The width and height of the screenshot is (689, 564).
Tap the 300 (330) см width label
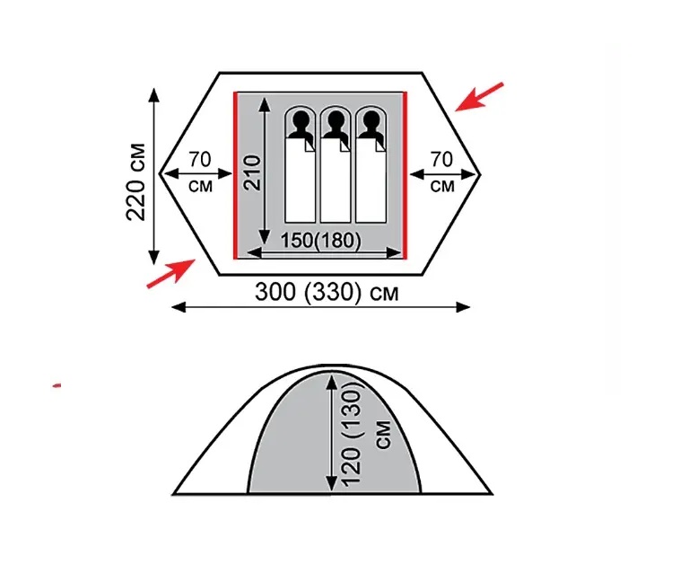326,293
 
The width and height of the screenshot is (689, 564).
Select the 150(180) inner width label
320,240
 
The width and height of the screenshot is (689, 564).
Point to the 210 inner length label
251,172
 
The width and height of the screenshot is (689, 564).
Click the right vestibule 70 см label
441,172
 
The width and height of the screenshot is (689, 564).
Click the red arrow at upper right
479,97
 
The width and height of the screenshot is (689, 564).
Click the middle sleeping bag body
335,184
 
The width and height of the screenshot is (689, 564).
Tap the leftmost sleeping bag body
301,184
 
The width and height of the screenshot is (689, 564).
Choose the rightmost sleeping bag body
369,184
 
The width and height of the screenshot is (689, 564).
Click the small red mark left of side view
57,385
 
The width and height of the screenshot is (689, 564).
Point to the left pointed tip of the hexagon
161,172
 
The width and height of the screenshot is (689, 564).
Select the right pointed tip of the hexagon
480,172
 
